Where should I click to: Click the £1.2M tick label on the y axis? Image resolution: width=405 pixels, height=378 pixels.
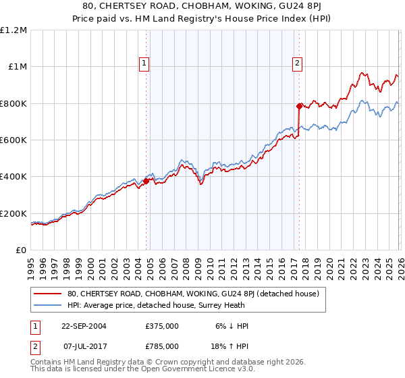13,30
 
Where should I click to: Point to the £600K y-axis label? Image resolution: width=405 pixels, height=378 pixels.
13,140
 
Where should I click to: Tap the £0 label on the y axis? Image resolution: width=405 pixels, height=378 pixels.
21,250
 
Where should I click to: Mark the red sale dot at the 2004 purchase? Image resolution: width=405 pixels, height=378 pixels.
146,181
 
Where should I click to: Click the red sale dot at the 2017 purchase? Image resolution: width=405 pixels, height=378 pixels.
298,106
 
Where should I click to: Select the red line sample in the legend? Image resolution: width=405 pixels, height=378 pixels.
47,294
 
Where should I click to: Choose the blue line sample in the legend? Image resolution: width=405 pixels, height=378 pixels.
47,305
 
